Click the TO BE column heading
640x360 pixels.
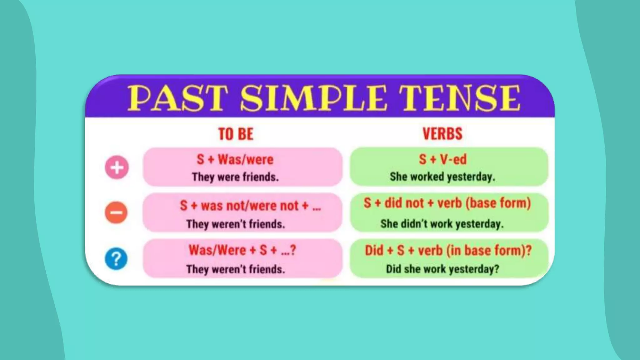click(236, 134)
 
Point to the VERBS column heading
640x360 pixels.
click(442, 134)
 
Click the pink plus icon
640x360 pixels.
click(117, 167)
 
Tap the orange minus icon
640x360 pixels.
click(116, 213)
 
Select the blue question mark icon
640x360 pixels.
click(116, 259)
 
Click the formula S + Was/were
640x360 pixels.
click(235, 159)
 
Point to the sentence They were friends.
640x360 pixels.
click(235, 177)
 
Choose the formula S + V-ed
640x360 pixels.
click(442, 159)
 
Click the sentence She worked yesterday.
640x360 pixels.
click(442, 177)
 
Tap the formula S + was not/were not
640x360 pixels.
click(250, 206)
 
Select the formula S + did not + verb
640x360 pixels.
click(447, 203)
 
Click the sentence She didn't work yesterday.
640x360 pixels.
click(442, 224)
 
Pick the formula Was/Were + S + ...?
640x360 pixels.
click(242, 250)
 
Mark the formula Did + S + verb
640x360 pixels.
click(448, 251)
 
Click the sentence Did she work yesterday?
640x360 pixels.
click(442, 269)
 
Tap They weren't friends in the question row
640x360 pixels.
click(236, 269)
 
